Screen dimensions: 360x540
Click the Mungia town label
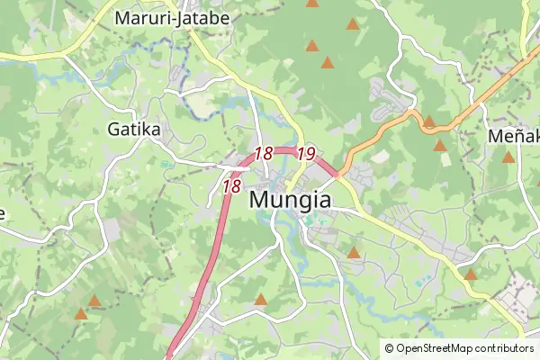point(289,200)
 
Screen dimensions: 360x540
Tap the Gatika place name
point(133,130)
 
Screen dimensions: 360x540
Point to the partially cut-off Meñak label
point(512,135)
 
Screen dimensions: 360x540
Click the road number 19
point(305,154)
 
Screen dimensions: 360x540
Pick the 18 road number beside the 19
point(263,154)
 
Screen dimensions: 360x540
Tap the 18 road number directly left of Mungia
point(231,186)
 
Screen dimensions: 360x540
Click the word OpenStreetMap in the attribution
point(438,348)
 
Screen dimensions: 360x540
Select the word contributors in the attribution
point(506,348)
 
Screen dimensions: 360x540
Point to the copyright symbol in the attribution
point(389,348)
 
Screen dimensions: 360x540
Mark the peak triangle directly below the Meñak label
point(508,157)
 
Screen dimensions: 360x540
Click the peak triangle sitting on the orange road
point(429,121)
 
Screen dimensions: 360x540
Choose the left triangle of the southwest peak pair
point(81,314)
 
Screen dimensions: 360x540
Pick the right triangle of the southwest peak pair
point(94,301)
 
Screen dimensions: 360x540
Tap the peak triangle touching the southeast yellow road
point(470,274)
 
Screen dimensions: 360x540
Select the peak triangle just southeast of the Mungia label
point(354,254)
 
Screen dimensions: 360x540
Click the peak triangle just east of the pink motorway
point(261,300)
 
